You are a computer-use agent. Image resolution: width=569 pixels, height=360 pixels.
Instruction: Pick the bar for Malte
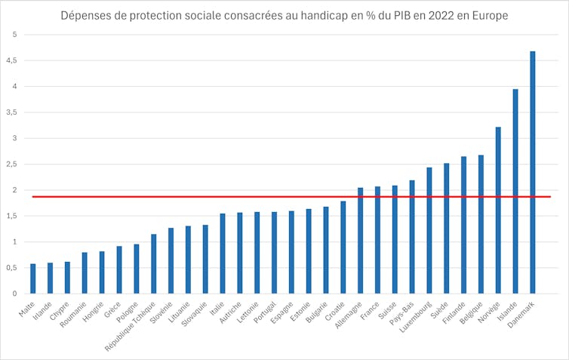(x=33, y=278)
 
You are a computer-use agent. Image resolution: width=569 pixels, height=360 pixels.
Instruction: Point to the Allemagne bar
(x=360, y=241)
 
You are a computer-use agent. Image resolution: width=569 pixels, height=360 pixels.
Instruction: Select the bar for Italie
(x=223, y=254)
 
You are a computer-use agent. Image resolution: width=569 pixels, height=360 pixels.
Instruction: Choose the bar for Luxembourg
(x=429, y=230)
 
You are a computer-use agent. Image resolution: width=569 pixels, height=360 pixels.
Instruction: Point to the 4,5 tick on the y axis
(x=14, y=60)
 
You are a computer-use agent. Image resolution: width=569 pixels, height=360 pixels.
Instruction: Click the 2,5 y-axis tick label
(x=14, y=164)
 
